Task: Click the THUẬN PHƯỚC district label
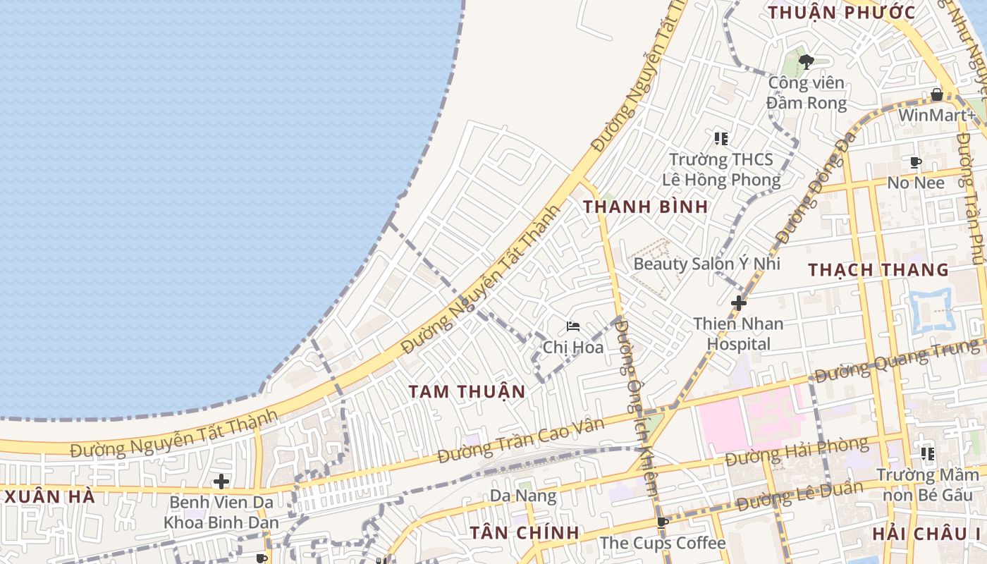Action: coord(842,13)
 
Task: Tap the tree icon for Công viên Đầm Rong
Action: coord(807,62)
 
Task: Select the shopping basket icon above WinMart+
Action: coord(937,94)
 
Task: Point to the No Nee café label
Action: coord(916,183)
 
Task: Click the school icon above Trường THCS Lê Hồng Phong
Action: coord(721,138)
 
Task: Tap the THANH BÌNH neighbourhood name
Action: coord(646,207)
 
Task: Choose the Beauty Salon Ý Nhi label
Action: coord(707,264)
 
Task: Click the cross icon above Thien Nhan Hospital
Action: coord(739,303)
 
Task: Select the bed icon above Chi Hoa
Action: coord(573,326)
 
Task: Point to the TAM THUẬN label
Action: coord(467,391)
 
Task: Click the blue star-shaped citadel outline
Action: coord(932,310)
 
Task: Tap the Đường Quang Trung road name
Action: coord(895,360)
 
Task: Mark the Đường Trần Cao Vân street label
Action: coord(522,441)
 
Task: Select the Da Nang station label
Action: coord(523,496)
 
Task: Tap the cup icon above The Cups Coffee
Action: coord(662,522)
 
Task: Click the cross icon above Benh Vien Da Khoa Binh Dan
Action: coord(221,482)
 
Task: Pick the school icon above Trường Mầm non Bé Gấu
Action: coord(927,454)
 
